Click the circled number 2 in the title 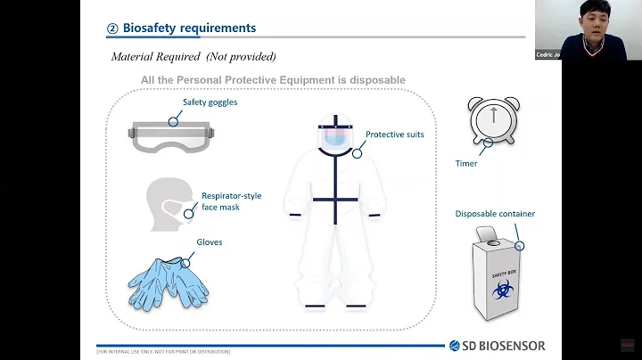coord(112,29)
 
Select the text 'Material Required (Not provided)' coord(193,56)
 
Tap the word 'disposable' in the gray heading coord(375,80)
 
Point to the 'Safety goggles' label coord(210,102)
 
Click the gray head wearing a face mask coord(169,201)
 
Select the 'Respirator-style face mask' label coord(231,200)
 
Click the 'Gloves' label coord(209,241)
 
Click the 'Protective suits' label coord(394,135)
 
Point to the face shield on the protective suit coord(334,136)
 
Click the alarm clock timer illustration coord(491,121)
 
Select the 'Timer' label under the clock coord(466,164)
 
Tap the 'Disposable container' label coord(495,214)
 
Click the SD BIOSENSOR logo coord(498,346)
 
